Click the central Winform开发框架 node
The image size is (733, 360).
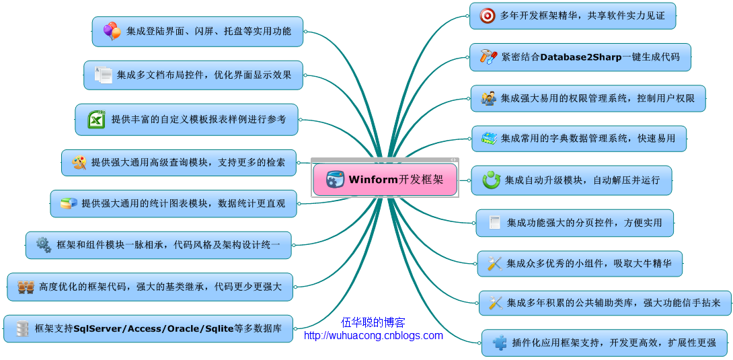click(x=385, y=180)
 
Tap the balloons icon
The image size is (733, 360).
click(x=112, y=32)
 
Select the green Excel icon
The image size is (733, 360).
click(x=96, y=120)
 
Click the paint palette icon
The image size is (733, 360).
click(x=79, y=163)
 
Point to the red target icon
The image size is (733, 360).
click(x=488, y=16)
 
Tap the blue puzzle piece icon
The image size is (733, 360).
click(x=500, y=343)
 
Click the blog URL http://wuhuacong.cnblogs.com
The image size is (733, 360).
click(x=373, y=335)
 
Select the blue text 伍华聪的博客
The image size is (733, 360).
click(x=373, y=322)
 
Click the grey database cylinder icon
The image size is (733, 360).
click(x=22, y=328)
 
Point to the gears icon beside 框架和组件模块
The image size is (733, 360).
click(x=44, y=244)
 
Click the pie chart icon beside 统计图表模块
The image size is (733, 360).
click(x=69, y=203)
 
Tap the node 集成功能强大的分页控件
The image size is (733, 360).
click(x=574, y=223)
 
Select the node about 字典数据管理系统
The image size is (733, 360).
click(x=579, y=139)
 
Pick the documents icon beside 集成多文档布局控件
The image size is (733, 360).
click(x=104, y=75)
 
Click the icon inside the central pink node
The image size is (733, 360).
click(x=335, y=180)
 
